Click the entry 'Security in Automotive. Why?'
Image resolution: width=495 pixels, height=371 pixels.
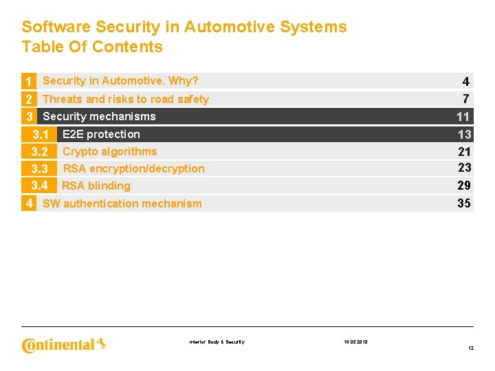click(x=120, y=81)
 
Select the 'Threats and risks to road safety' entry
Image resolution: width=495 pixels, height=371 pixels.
click(x=125, y=99)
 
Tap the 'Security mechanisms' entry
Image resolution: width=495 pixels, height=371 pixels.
click(x=99, y=116)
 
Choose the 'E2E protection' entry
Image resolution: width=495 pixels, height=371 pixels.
click(x=101, y=134)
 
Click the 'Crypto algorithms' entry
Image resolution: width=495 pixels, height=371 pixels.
click(x=110, y=151)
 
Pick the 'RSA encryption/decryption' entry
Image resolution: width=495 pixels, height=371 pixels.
click(x=134, y=168)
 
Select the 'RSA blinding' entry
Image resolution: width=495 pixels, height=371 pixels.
click(x=96, y=185)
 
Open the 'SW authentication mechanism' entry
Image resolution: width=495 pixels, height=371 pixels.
click(x=122, y=203)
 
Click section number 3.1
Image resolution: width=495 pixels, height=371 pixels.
click(x=39, y=135)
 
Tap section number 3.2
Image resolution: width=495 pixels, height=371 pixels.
click(x=39, y=152)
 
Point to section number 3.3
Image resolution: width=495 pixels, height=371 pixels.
click(x=39, y=169)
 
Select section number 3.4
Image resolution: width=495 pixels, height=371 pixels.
click(x=39, y=185)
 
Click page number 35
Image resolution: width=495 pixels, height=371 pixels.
click(x=464, y=203)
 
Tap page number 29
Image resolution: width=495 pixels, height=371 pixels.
click(x=464, y=185)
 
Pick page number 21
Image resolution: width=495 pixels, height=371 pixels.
click(x=464, y=151)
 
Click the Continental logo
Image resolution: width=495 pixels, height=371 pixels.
click(x=64, y=344)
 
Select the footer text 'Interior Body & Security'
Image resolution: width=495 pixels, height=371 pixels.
click(x=217, y=341)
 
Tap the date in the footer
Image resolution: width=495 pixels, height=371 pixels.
click(x=355, y=341)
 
